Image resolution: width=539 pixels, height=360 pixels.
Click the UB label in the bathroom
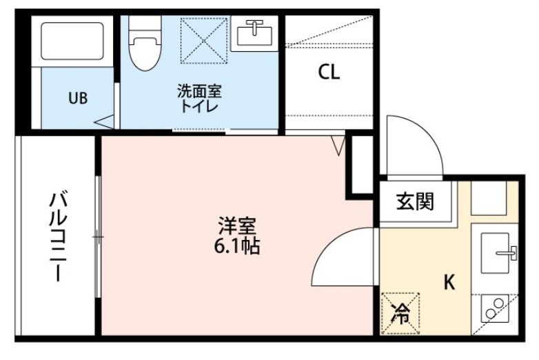[x=78, y=99]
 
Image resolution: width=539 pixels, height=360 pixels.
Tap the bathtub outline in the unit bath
[x=72, y=41]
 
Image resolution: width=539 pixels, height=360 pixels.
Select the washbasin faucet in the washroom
[x=254, y=27]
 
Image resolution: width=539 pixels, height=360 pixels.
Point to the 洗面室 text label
[x=199, y=91]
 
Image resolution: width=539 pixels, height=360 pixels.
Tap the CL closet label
[x=329, y=72]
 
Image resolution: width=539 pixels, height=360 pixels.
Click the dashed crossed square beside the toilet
[x=204, y=41]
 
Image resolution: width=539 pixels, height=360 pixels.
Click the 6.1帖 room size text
[x=237, y=246]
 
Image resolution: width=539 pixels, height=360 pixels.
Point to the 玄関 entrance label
[x=415, y=201]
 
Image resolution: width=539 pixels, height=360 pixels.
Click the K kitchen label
[x=449, y=282]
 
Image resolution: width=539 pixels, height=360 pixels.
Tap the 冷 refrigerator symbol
[x=400, y=313]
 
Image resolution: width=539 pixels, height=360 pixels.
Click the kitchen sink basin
[x=495, y=253]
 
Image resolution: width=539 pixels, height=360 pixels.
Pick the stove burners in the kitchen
[x=494, y=308]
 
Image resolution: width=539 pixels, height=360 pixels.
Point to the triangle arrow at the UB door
[x=104, y=121]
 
